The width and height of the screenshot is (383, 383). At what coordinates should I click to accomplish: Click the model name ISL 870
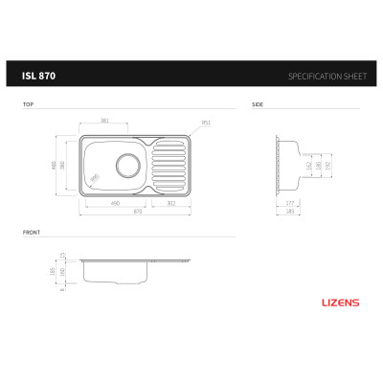[38, 75]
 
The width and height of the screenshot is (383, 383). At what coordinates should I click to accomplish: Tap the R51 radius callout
[205, 123]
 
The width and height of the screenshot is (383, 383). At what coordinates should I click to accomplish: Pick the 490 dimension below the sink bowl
[114, 203]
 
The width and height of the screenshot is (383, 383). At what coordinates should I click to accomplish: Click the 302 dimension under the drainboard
[170, 203]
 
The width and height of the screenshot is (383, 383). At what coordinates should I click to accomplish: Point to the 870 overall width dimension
[139, 212]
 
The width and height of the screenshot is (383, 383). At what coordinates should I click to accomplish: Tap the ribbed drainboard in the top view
[170, 164]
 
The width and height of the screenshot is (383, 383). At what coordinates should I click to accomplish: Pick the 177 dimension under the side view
[289, 203]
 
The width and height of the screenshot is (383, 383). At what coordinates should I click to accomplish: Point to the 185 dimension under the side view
[289, 212]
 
